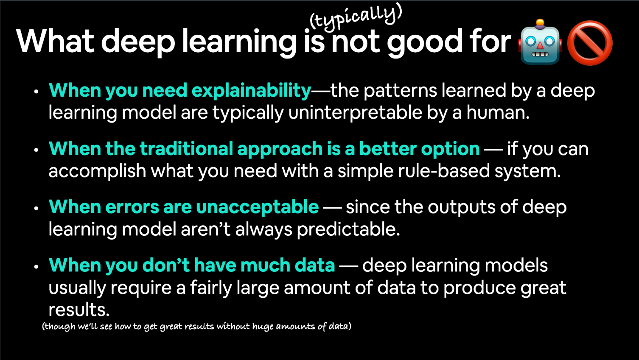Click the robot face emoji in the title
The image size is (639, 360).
(x=540, y=42)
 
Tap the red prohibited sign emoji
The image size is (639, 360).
(x=590, y=43)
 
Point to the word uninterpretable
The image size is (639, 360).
(x=355, y=113)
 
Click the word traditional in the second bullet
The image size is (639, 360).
(x=187, y=149)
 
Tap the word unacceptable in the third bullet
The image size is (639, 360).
(x=257, y=207)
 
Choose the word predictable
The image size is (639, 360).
(x=348, y=229)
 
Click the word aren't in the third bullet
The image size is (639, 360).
(x=205, y=229)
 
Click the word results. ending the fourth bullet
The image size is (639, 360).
(x=79, y=310)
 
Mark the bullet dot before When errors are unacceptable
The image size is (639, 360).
(x=36, y=208)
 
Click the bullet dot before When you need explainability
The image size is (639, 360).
(x=36, y=92)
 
